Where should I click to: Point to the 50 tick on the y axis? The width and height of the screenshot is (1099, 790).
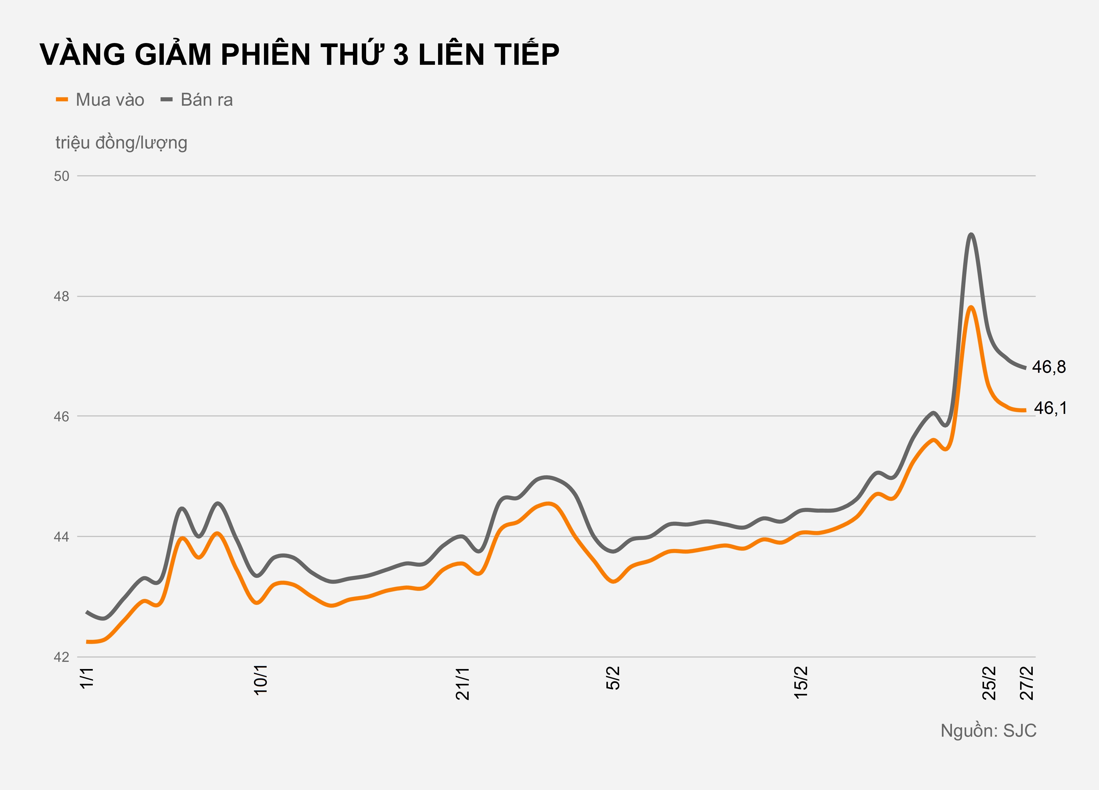61,176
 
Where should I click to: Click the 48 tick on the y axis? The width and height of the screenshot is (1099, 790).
61,296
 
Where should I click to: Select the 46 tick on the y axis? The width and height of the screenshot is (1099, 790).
61,416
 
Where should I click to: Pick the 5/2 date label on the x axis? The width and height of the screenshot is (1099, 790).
613,678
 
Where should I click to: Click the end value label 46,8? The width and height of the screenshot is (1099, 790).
1049,367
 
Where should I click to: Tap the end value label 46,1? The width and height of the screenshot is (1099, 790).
1050,408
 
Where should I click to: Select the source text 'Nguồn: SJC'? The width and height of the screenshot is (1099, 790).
988,730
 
